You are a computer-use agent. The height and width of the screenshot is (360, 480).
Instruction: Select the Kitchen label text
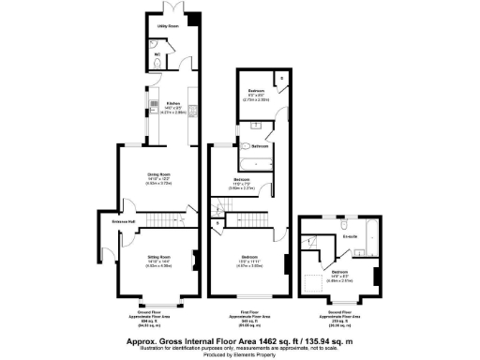pos(172,103)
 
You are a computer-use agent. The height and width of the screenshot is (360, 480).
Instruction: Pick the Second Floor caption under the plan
pos(341,316)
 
